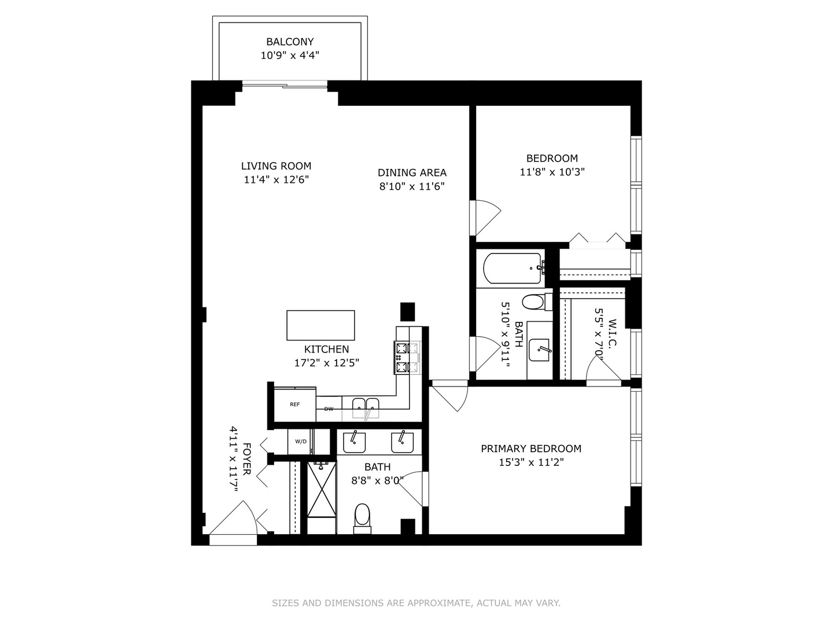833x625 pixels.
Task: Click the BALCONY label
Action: tap(290, 42)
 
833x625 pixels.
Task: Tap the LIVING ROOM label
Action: tap(276, 166)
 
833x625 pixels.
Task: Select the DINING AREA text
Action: tap(412, 172)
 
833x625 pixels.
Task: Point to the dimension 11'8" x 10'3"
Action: tap(552, 172)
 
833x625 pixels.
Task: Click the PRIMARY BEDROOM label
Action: tap(531, 448)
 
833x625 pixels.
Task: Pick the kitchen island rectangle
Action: tap(320, 325)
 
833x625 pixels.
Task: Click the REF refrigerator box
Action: tap(295, 404)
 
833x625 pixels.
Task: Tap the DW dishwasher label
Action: tap(329, 409)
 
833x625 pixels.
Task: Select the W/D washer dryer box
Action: tap(301, 442)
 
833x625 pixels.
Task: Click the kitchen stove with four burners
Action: tap(406, 357)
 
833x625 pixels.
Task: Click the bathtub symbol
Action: tap(513, 267)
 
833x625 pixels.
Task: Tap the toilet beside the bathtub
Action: tap(533, 302)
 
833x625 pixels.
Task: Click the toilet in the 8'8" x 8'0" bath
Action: tap(362, 515)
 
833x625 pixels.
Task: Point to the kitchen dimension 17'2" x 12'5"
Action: tap(327, 363)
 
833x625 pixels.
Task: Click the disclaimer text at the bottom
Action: tap(416, 603)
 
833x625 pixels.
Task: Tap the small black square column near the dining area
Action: tap(408, 311)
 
